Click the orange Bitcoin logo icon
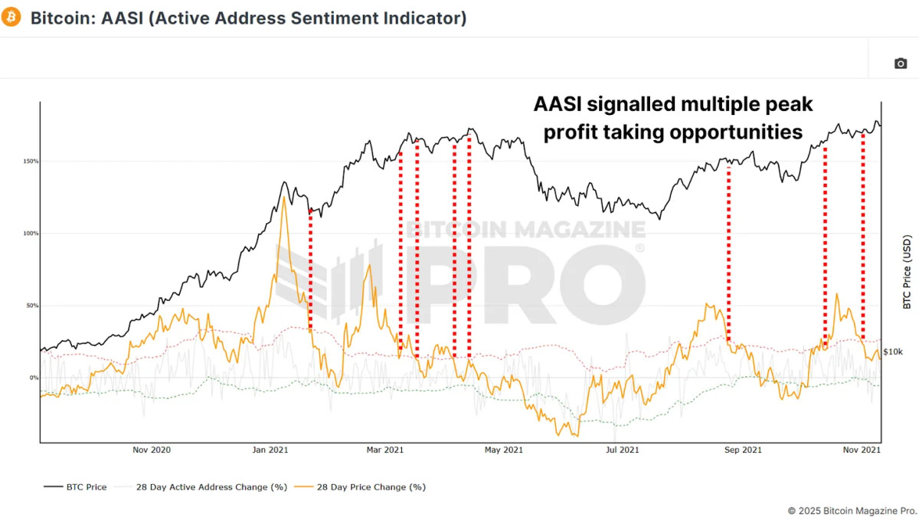pos(11,17)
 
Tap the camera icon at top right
pos(901,63)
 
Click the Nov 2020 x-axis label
pos(150,450)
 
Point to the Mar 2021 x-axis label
pos(385,450)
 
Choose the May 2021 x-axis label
pos(504,450)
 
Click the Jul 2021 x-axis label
pos(623,450)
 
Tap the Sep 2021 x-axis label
pos(742,450)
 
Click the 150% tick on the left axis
pos(30,162)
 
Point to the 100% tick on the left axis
pos(30,234)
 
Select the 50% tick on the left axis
pos(31,306)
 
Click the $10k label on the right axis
pos(893,352)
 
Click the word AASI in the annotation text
pos(558,105)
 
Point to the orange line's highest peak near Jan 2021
pos(284,198)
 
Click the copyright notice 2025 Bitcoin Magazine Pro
pos(852,510)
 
